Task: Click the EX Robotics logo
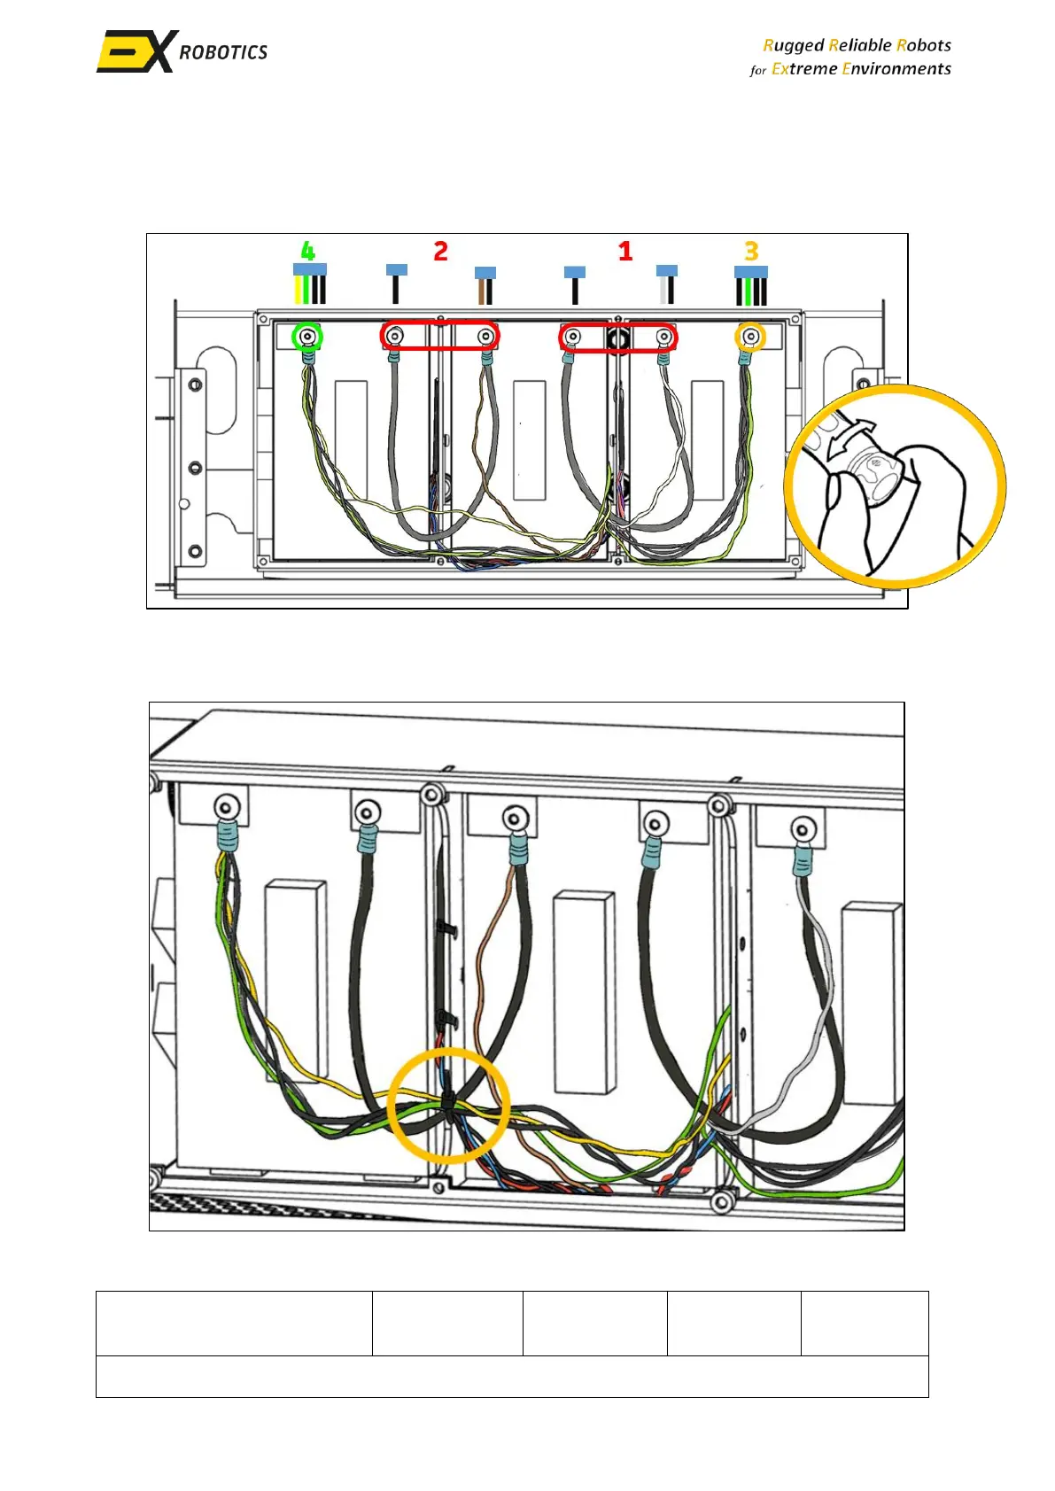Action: point(182,51)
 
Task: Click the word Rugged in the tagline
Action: point(793,45)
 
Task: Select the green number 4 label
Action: point(307,251)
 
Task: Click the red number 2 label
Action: point(440,251)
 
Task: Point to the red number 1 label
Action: point(625,251)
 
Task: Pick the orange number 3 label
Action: point(751,251)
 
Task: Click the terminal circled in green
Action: point(307,337)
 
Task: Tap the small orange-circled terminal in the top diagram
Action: point(751,337)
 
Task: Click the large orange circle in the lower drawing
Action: point(448,1105)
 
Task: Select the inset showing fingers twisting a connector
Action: point(895,485)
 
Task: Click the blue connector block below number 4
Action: point(309,269)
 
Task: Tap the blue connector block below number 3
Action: point(751,272)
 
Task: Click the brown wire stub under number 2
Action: point(480,291)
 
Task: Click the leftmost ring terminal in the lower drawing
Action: point(227,808)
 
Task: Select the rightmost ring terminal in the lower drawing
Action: point(803,831)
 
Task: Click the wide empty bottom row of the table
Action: point(512,1376)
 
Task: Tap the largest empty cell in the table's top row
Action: point(234,1323)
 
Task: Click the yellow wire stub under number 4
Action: point(298,290)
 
